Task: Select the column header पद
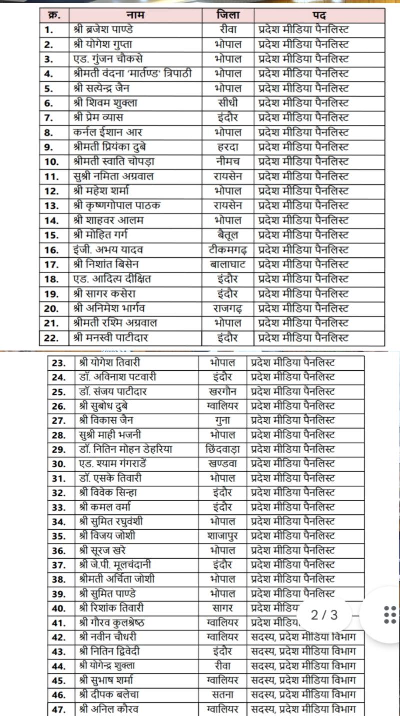click(319, 15)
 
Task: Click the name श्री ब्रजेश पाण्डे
click(103, 30)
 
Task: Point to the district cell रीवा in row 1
click(228, 30)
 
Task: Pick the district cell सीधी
click(228, 103)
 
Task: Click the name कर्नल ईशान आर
click(107, 132)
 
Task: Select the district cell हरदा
click(228, 147)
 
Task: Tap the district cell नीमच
click(228, 162)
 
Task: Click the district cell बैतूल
click(228, 235)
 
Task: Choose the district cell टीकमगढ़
click(228, 250)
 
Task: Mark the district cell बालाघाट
click(228, 264)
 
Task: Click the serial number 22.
click(52, 338)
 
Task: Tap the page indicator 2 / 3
click(324, 614)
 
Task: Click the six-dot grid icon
click(390, 614)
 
